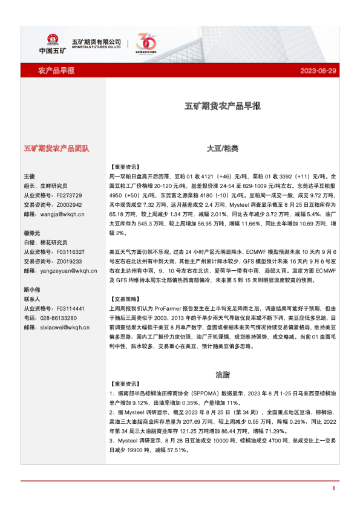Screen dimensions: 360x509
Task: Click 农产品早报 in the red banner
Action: pyautogui.click(x=56, y=71)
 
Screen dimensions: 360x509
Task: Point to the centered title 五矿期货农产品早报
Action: pyautogui.click(x=223, y=106)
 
